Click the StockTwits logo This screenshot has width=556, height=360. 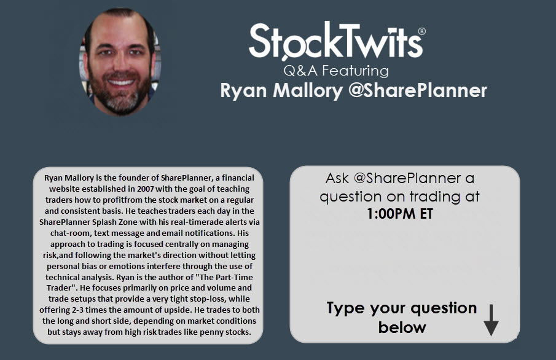pos(337,41)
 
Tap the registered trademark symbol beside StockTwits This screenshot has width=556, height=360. pos(422,31)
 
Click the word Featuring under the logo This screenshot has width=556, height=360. pos(355,71)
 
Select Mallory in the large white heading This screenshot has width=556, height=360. pos(307,91)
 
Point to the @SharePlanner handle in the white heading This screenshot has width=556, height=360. pos(417,90)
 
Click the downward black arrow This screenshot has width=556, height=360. pos(491,319)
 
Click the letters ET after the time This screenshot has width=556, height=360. pos(426,214)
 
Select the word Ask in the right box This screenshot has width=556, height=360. pos(337,178)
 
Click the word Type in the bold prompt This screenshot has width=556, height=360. pos(346,308)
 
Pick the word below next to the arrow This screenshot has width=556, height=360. pos(402,327)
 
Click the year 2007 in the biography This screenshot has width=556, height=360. pos(146,189)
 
